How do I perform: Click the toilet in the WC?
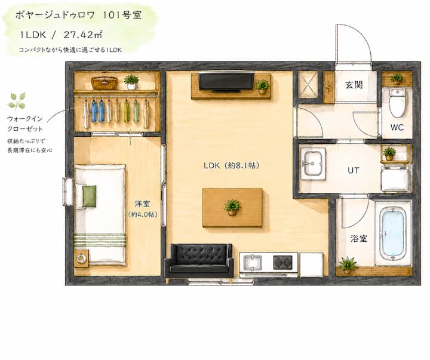pyautogui.click(x=397, y=103)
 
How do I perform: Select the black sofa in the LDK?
pyautogui.click(x=199, y=261)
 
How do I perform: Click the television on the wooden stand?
pyautogui.click(x=226, y=81)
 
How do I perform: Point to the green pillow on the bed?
pyautogui.click(x=90, y=196)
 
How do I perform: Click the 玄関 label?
pyautogui.click(x=354, y=85)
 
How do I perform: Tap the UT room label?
pyautogui.click(x=353, y=171)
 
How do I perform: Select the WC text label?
pyautogui.click(x=397, y=127)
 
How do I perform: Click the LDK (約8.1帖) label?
pyautogui.click(x=231, y=165)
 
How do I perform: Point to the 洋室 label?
pyautogui.click(x=142, y=204)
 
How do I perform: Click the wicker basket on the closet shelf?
pyautogui.click(x=104, y=82)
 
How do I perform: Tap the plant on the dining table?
pyautogui.click(x=232, y=207)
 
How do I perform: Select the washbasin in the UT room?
pyautogui.click(x=312, y=164)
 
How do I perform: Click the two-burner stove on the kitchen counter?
pyautogui.click(x=282, y=262)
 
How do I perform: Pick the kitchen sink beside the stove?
pyautogui.click(x=253, y=262)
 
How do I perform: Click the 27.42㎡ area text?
pyautogui.click(x=83, y=35)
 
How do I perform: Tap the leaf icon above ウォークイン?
pyautogui.click(x=17, y=101)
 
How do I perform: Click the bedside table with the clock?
pyautogui.click(x=81, y=259)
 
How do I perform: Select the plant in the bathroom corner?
pyautogui.click(x=348, y=265)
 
